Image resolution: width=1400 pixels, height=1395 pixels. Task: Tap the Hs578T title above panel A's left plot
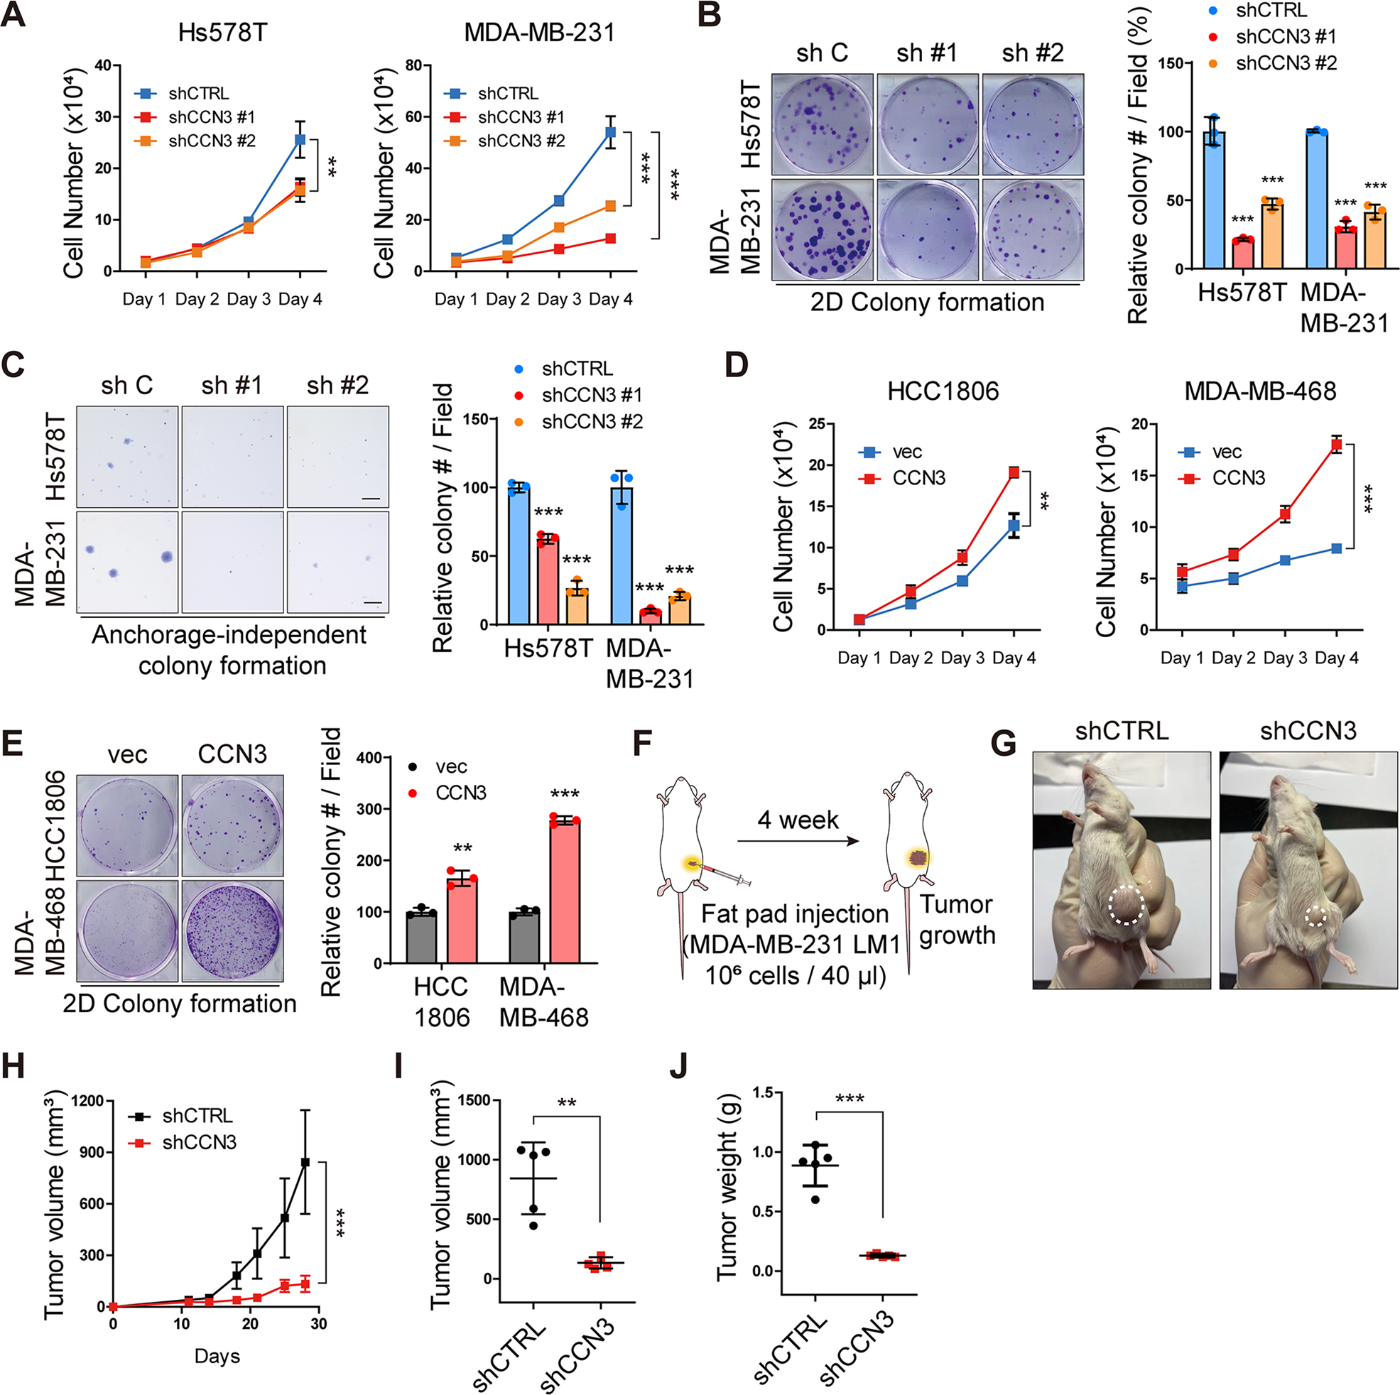click(223, 33)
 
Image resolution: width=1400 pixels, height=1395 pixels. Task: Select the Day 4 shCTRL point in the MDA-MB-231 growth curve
click(610, 132)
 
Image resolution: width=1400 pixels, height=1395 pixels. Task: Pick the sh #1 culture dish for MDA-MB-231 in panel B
click(928, 229)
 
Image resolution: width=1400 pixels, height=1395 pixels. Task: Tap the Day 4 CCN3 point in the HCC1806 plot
click(1014, 472)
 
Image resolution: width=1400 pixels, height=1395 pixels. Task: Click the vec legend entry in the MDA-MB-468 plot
click(1226, 452)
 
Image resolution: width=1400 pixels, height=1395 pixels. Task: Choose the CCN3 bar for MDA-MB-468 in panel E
click(565, 891)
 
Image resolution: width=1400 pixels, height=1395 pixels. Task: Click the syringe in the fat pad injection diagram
click(727, 874)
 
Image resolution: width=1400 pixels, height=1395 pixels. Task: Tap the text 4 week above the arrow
click(798, 820)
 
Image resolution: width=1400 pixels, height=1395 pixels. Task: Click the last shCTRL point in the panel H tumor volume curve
click(305, 1162)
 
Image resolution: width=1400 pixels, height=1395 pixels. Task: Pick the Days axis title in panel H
click(217, 1356)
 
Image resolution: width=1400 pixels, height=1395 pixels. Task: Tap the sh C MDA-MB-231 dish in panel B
click(823, 229)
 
